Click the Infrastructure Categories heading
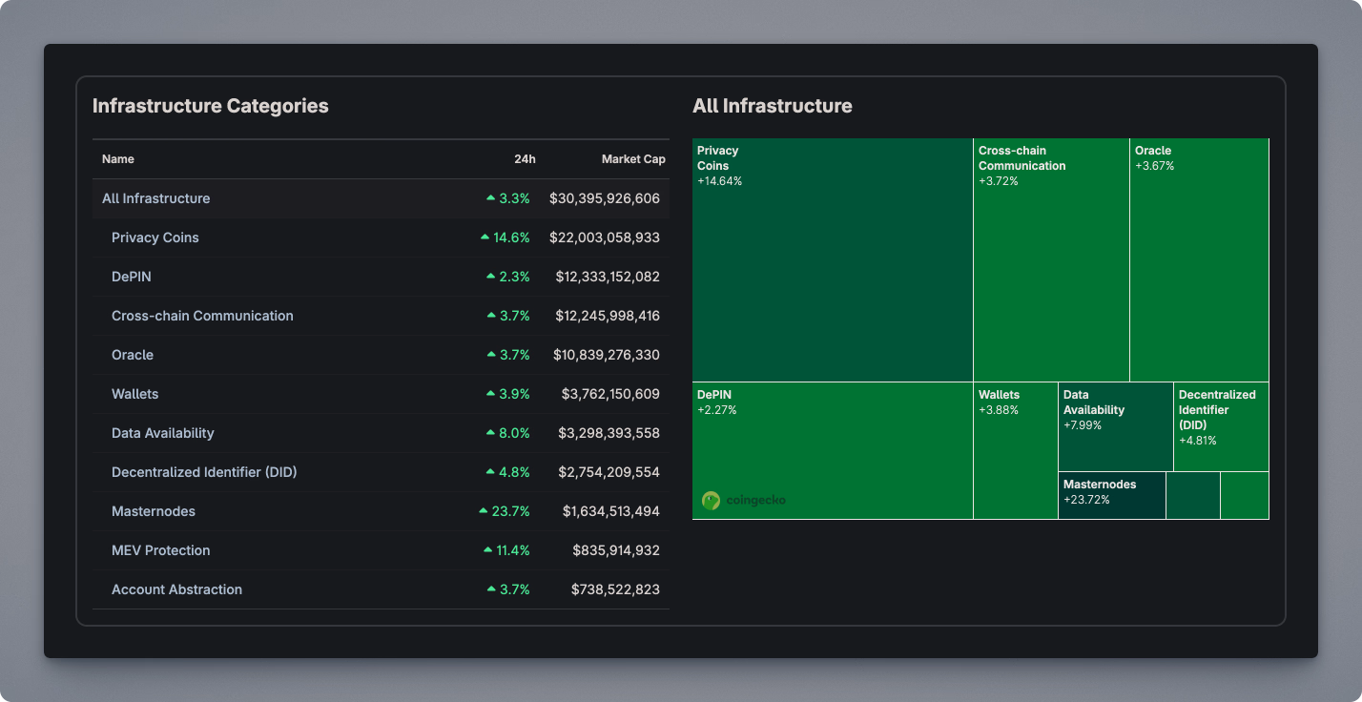[210, 106]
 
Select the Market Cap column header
[633, 159]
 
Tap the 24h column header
[526, 159]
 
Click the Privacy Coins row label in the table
[155, 237]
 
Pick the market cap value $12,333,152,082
[608, 277]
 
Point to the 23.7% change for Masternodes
[510, 511]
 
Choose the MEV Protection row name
[160, 550]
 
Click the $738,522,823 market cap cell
[615, 589]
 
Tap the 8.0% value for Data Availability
[514, 433]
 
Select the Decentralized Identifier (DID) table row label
[204, 472]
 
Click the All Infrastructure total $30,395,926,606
[605, 198]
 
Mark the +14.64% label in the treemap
[719, 181]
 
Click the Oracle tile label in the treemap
[1153, 151]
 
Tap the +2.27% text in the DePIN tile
[716, 410]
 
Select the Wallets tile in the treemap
[1015, 448]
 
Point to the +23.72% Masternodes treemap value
[1086, 500]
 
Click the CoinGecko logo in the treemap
[743, 500]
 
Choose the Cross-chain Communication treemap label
[1022, 158]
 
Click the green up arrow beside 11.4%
[488, 550]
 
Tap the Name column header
[118, 159]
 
